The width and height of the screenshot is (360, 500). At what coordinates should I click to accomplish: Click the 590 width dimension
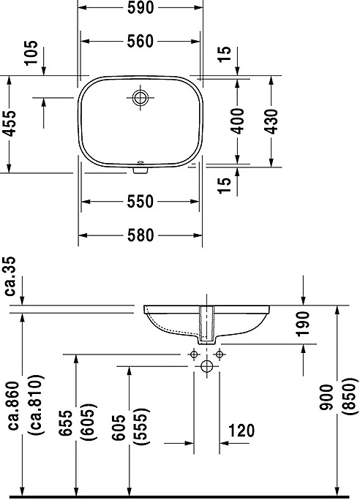point(140,7)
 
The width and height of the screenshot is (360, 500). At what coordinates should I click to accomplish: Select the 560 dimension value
point(140,41)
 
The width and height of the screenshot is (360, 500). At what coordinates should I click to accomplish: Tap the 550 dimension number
point(140,202)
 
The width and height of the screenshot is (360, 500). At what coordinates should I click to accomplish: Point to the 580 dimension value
point(140,235)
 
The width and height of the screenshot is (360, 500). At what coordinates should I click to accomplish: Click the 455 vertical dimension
point(10,124)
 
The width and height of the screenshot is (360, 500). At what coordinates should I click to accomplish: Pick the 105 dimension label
point(31,53)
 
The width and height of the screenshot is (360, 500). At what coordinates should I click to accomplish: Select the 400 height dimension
point(238,121)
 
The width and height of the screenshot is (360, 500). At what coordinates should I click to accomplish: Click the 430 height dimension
point(271,121)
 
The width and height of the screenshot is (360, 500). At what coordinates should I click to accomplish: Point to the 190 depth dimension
point(302,324)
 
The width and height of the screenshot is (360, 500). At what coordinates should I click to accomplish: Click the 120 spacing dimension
point(241,431)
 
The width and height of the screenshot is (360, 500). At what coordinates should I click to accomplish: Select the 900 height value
point(326,398)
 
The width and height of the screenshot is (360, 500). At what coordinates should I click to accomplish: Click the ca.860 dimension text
point(14,406)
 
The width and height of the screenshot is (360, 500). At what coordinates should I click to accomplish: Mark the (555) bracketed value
point(140,427)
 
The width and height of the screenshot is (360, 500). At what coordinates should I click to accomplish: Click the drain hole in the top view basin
point(140,97)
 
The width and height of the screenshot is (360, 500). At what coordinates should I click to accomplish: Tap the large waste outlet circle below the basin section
point(207,366)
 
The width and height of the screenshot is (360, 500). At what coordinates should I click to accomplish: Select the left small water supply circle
point(194,355)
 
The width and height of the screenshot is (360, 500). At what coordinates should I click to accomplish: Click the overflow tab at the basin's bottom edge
point(140,170)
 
